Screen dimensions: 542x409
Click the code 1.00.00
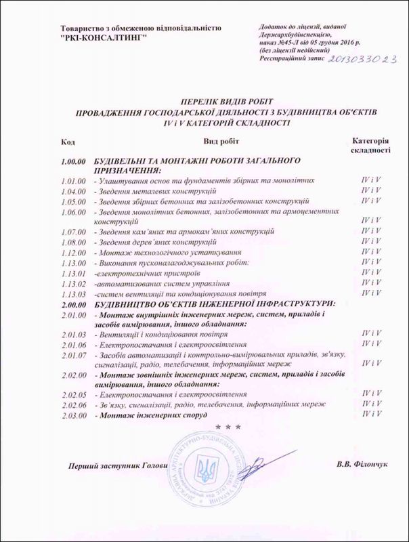point(72,160)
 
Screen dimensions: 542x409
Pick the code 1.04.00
point(71,192)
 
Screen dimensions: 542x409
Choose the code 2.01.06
point(71,344)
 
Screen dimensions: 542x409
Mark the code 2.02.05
point(71,393)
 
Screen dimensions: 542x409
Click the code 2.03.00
point(71,413)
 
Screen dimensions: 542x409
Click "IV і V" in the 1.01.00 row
point(370,181)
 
